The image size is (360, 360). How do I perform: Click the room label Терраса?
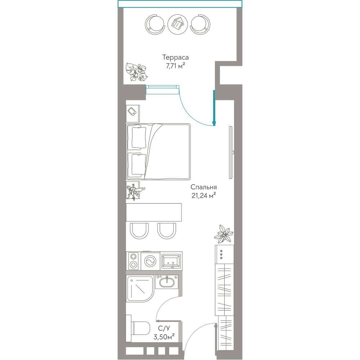point(175,57)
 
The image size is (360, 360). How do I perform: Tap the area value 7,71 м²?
point(175,66)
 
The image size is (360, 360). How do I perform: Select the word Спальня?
point(204,187)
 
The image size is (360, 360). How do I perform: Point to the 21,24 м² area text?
point(204,195)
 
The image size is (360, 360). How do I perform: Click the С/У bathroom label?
point(164,329)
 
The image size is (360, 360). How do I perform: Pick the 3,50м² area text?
point(164,337)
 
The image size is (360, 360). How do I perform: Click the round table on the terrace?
point(178,24)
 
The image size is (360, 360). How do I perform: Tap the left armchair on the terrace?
point(155,24)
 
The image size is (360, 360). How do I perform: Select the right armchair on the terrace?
point(200,24)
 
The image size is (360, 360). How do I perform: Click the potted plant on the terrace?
point(136,72)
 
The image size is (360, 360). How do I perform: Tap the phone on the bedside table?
point(132,112)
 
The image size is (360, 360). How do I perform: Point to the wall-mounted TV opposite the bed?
point(231,152)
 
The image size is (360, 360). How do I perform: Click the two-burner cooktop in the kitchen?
point(134,261)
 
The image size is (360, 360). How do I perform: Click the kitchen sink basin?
point(171,261)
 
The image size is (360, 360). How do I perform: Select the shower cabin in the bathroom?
point(140,289)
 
